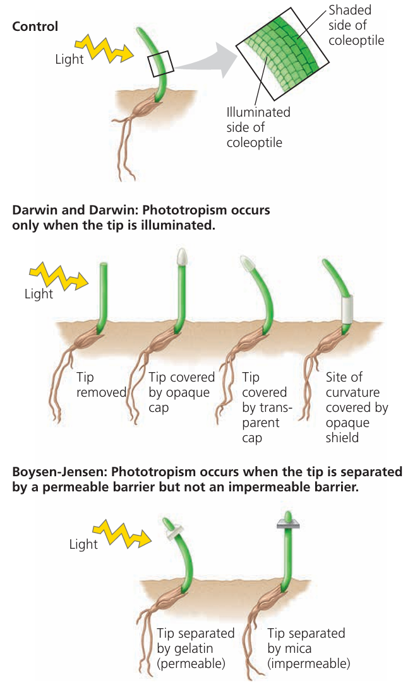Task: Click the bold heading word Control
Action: click(x=35, y=26)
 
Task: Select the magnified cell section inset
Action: click(x=282, y=54)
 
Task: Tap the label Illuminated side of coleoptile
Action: click(x=258, y=127)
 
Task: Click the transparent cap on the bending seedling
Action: click(x=248, y=263)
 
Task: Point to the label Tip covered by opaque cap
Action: click(x=181, y=392)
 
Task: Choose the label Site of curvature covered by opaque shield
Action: click(x=356, y=407)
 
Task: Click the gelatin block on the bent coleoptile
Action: click(x=171, y=532)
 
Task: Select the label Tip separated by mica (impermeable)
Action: click(x=308, y=648)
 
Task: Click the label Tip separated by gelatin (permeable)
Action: click(x=195, y=648)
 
